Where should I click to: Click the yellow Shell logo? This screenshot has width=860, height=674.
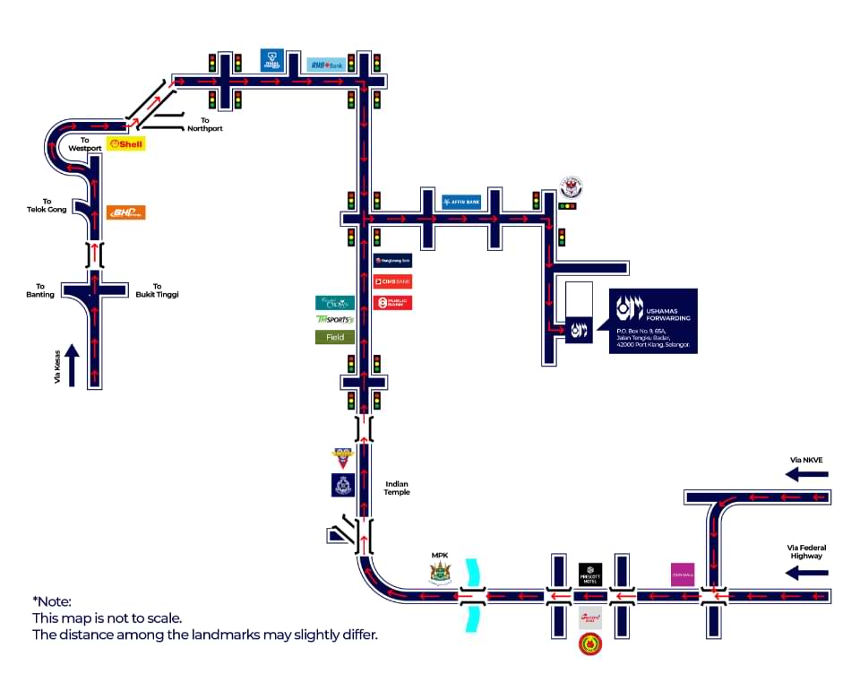tap(125, 143)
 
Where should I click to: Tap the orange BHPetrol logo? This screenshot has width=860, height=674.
tap(125, 212)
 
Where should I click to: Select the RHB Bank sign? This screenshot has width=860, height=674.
tap(326, 65)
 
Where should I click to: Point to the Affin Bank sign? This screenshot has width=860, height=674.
tap(461, 202)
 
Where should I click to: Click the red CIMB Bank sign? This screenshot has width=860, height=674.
tap(391, 281)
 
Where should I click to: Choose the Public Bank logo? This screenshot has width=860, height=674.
tap(391, 303)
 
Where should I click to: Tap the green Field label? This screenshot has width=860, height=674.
tap(335, 337)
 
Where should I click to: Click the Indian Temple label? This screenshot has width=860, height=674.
tap(397, 488)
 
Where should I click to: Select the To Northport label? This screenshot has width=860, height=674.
tap(204, 125)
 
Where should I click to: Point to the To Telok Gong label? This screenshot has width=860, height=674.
tap(47, 206)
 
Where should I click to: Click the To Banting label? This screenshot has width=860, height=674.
tap(40, 290)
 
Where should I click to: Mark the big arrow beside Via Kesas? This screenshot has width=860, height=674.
tap(73, 365)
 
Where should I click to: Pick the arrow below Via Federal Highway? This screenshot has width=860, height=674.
tap(806, 572)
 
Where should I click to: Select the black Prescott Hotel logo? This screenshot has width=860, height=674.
tap(589, 574)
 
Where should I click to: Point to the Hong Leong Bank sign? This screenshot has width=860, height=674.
tap(391, 260)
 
